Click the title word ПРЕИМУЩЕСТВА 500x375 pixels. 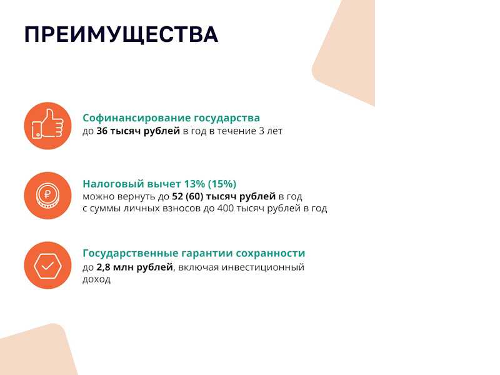121,35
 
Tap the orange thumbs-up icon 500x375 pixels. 48,126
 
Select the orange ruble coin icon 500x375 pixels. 48,196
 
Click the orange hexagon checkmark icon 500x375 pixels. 48,265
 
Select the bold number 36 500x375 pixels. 102,131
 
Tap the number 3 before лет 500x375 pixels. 261,131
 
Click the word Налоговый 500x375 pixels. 113,184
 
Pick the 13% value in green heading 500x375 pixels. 194,184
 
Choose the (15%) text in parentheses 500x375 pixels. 222,184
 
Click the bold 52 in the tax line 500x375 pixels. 177,196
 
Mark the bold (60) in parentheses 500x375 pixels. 194,196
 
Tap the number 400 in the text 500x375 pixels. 225,209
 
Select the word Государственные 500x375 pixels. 131,254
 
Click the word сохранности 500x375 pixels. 271,254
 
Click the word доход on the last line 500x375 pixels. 97,279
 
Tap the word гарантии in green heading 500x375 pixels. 207,254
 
